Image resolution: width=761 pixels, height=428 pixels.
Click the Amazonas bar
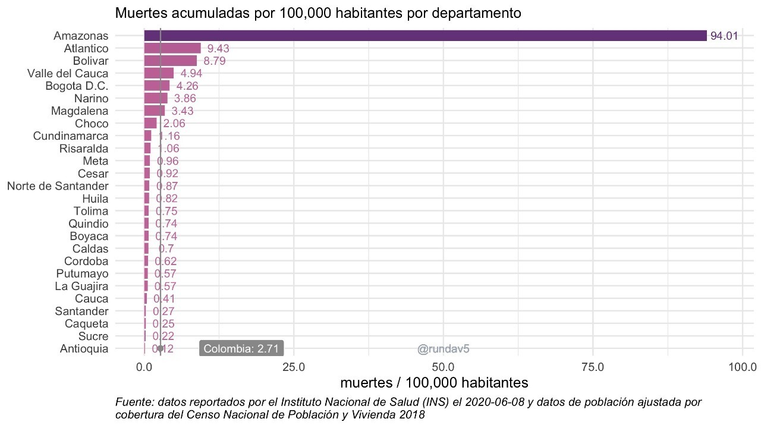pos(425,36)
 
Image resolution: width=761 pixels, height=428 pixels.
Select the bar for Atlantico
pos(172,48)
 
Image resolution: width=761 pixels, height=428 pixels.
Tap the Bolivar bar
pos(170,61)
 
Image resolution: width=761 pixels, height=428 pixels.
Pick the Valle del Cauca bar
pos(159,73)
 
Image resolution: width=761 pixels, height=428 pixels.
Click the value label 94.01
pos(724,36)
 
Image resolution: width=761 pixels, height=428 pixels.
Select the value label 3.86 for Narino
pos(185,98)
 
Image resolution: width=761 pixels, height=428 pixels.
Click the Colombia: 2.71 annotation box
pos(242,348)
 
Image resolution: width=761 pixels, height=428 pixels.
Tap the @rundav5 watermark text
pos(444,349)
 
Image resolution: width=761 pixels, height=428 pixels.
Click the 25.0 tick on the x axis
pos(294,367)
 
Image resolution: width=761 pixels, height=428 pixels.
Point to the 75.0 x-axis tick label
pos(593,367)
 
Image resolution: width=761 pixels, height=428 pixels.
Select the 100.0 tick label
pos(742,367)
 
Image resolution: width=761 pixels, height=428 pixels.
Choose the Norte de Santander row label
pos(58,186)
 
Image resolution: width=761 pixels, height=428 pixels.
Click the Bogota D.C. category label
pos(77,86)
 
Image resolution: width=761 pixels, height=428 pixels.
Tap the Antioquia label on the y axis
pos(84,349)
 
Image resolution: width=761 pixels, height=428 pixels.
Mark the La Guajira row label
pos(81,286)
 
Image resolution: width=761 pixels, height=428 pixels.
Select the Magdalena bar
pos(155,111)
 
